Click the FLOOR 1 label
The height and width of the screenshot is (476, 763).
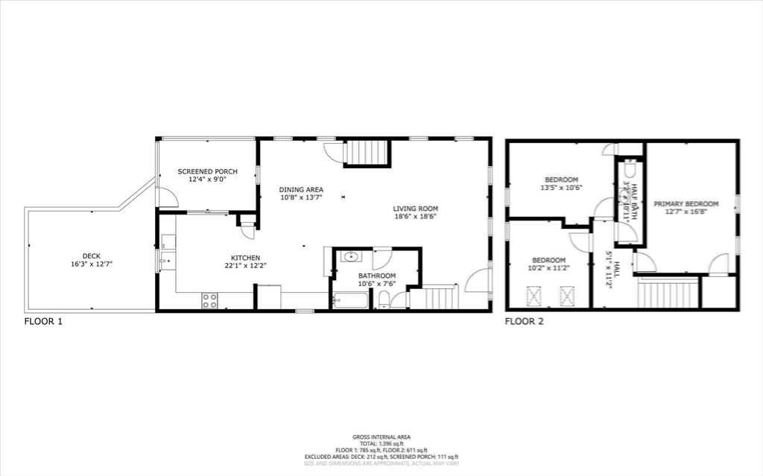click(45, 322)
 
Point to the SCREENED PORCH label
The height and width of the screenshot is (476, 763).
click(207, 171)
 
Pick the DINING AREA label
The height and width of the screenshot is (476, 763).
click(301, 189)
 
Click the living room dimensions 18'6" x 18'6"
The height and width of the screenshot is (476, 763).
click(415, 217)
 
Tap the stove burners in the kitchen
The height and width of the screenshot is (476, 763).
click(210, 300)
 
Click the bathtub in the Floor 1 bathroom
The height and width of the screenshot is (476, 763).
click(350, 301)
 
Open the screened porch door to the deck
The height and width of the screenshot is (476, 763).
click(168, 197)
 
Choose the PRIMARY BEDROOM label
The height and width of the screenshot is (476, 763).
click(686, 204)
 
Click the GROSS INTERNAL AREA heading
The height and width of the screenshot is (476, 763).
click(381, 437)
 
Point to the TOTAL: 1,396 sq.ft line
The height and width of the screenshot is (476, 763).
click(381, 443)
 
